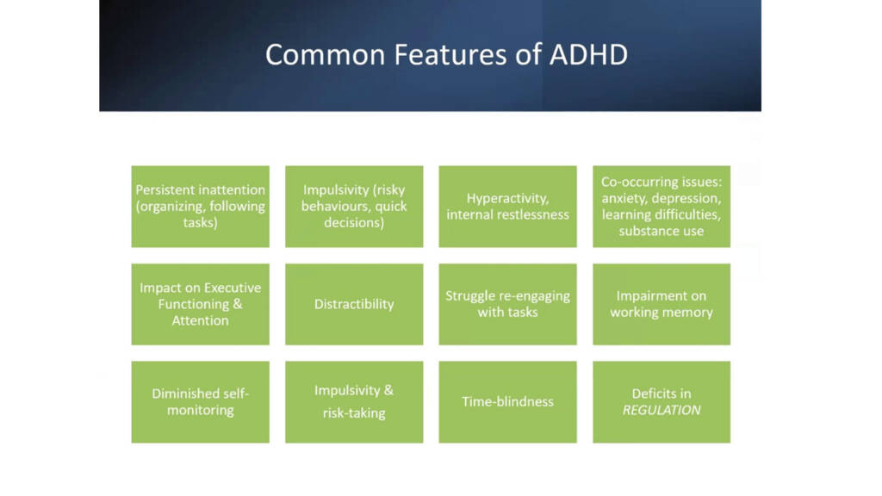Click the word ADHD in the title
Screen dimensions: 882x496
[587, 54]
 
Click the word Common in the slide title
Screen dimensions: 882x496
[325, 54]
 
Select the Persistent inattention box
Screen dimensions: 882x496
[200, 207]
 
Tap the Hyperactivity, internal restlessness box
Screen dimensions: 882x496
[507, 207]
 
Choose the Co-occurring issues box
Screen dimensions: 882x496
[661, 207]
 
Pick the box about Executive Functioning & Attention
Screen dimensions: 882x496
[200, 304]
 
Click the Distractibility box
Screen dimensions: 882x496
[354, 304]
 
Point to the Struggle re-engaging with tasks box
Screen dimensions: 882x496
[507, 304]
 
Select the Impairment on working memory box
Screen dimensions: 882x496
[661, 304]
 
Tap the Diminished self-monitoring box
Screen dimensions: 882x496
[200, 402]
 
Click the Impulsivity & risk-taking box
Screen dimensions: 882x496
[354, 402]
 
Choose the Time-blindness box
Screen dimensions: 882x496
[507, 402]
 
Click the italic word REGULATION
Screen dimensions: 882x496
[661, 410]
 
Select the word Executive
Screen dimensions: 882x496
[233, 288]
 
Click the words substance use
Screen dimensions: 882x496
[661, 231]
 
